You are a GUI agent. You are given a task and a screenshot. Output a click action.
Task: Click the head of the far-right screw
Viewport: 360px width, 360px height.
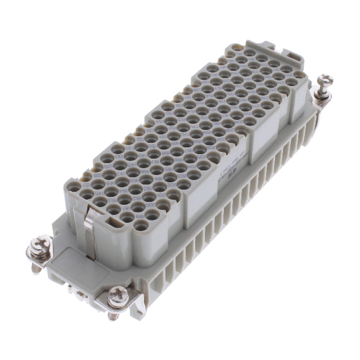pyautogui.click(x=326, y=80)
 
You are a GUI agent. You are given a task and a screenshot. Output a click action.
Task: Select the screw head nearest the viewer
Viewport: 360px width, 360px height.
pyautogui.click(x=118, y=292)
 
